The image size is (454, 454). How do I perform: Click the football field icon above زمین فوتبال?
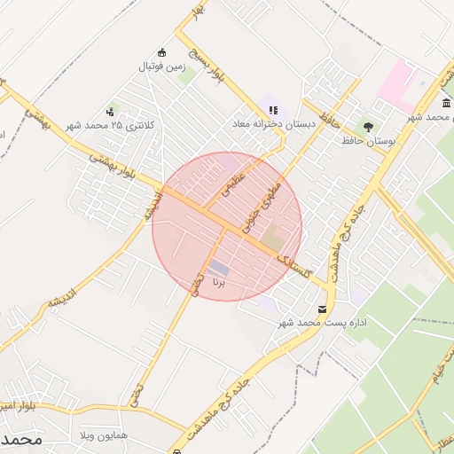160,52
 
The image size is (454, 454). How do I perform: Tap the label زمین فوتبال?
161,67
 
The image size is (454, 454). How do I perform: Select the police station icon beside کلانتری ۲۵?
110,111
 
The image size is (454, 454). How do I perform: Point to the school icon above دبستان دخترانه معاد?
272,110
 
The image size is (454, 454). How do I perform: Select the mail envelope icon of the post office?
321,309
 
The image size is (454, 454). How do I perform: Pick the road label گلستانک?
294,265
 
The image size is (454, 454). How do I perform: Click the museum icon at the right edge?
445,106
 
